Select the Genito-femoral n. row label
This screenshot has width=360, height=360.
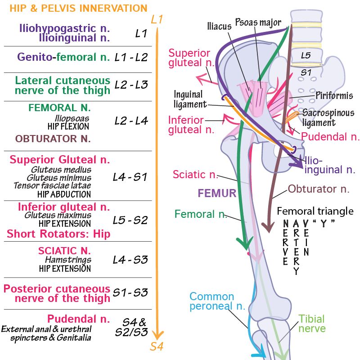(x=63, y=57)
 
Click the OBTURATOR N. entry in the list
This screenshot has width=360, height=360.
(x=53, y=139)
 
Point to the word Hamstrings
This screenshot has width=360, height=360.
(x=68, y=260)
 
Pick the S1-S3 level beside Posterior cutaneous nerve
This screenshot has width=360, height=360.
(x=130, y=292)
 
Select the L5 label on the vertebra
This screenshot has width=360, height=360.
(x=306, y=55)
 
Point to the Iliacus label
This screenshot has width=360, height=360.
(x=219, y=26)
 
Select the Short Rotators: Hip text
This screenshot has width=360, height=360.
(x=58, y=234)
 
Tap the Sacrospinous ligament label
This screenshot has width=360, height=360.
(x=328, y=117)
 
